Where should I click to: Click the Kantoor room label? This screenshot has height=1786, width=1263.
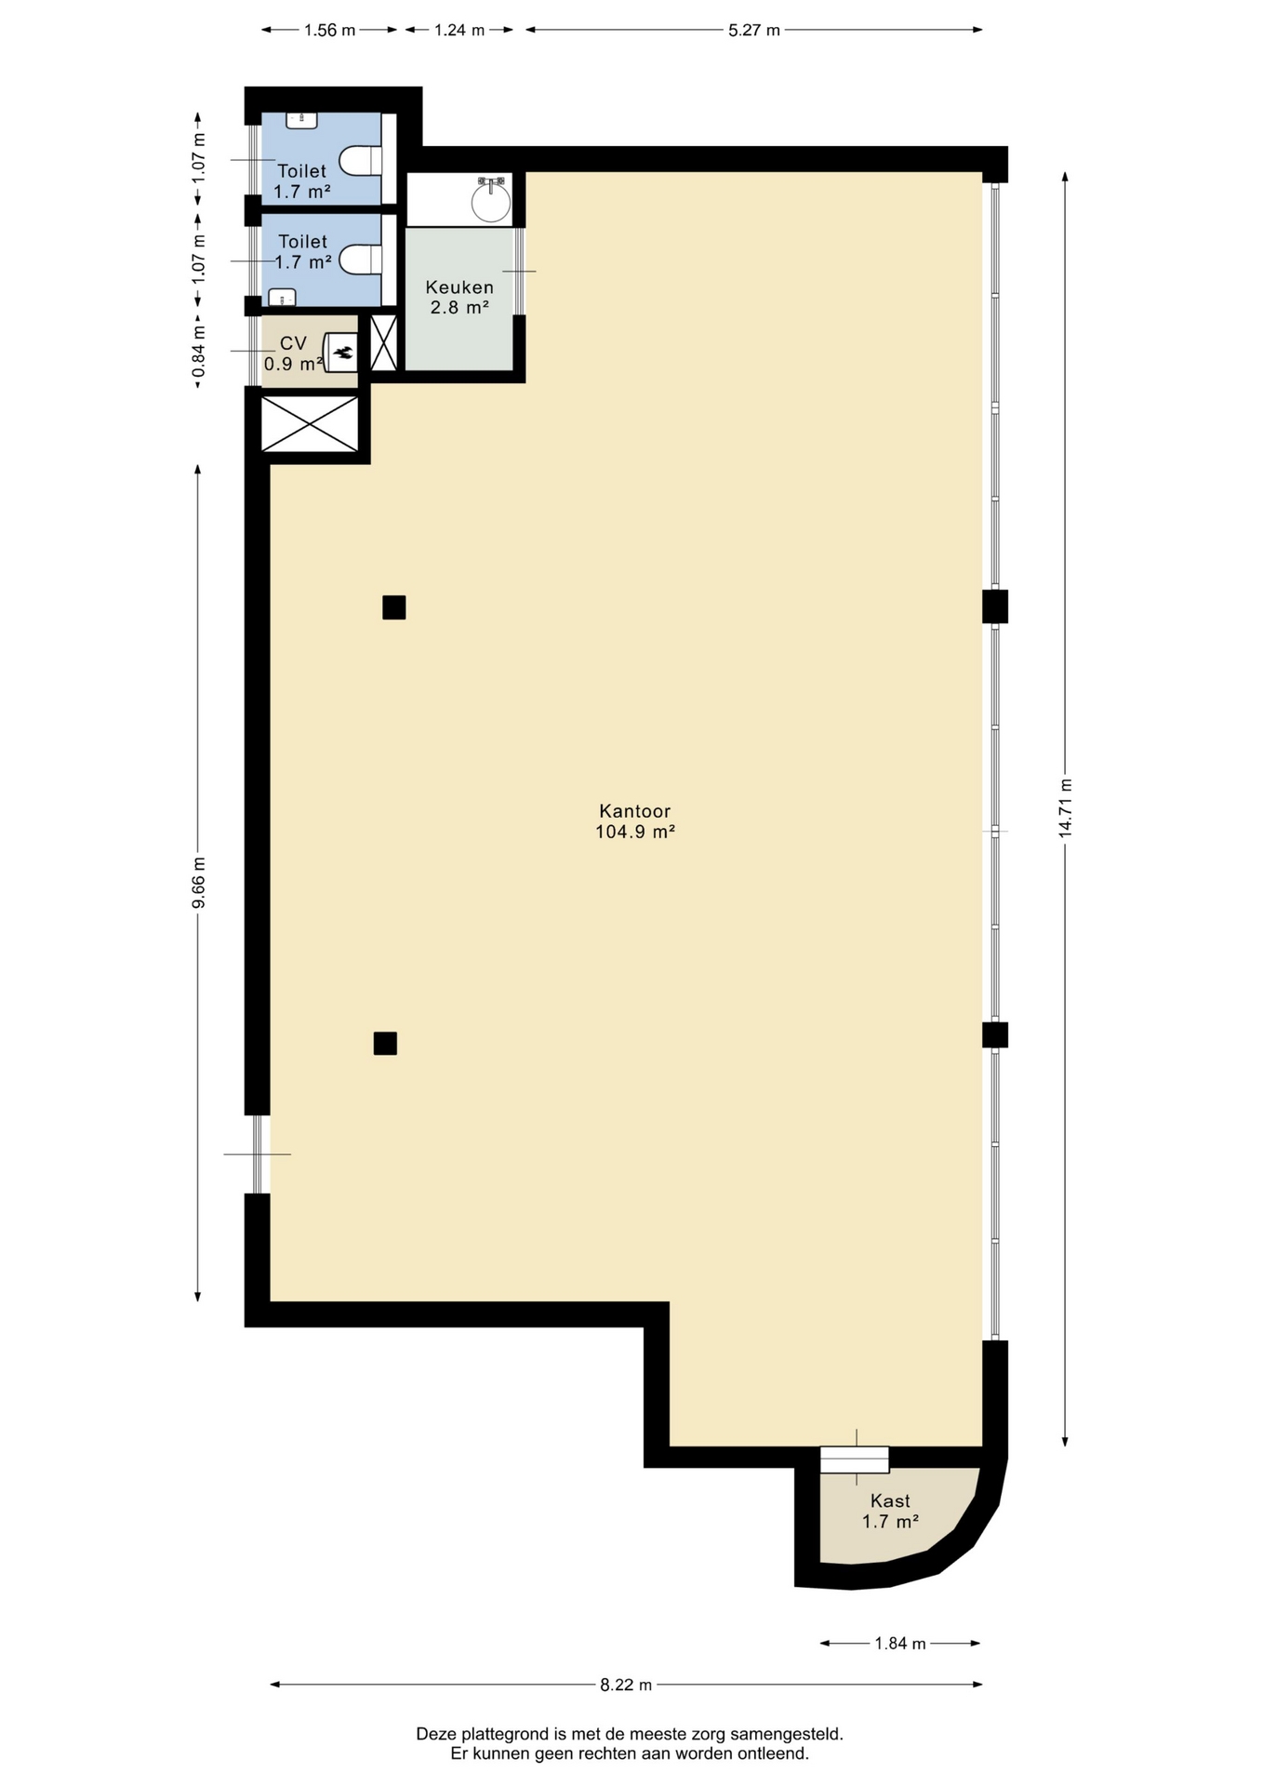click(635, 821)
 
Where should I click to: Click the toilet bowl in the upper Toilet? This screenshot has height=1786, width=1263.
click(360, 161)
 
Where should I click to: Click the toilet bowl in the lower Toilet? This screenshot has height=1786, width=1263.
click(360, 260)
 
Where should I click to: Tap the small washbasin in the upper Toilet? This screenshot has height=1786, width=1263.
click(301, 120)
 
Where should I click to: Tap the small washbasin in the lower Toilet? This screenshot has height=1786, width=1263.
click(281, 298)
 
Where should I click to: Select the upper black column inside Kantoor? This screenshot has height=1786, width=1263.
click(394, 607)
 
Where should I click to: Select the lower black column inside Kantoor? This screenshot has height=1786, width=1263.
click(385, 1044)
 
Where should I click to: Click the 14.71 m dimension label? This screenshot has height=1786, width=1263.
click(1065, 808)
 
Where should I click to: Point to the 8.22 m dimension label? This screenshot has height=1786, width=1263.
click(626, 1685)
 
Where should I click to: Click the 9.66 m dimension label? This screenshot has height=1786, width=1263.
click(198, 883)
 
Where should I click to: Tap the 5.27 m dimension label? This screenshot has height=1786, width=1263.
click(754, 30)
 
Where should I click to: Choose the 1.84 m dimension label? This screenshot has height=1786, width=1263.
click(900, 1644)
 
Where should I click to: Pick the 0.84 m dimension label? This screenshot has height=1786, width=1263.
click(198, 352)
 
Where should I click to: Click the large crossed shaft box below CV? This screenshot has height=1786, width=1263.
click(310, 424)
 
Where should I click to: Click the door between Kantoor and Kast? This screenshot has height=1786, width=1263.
click(855, 1459)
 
